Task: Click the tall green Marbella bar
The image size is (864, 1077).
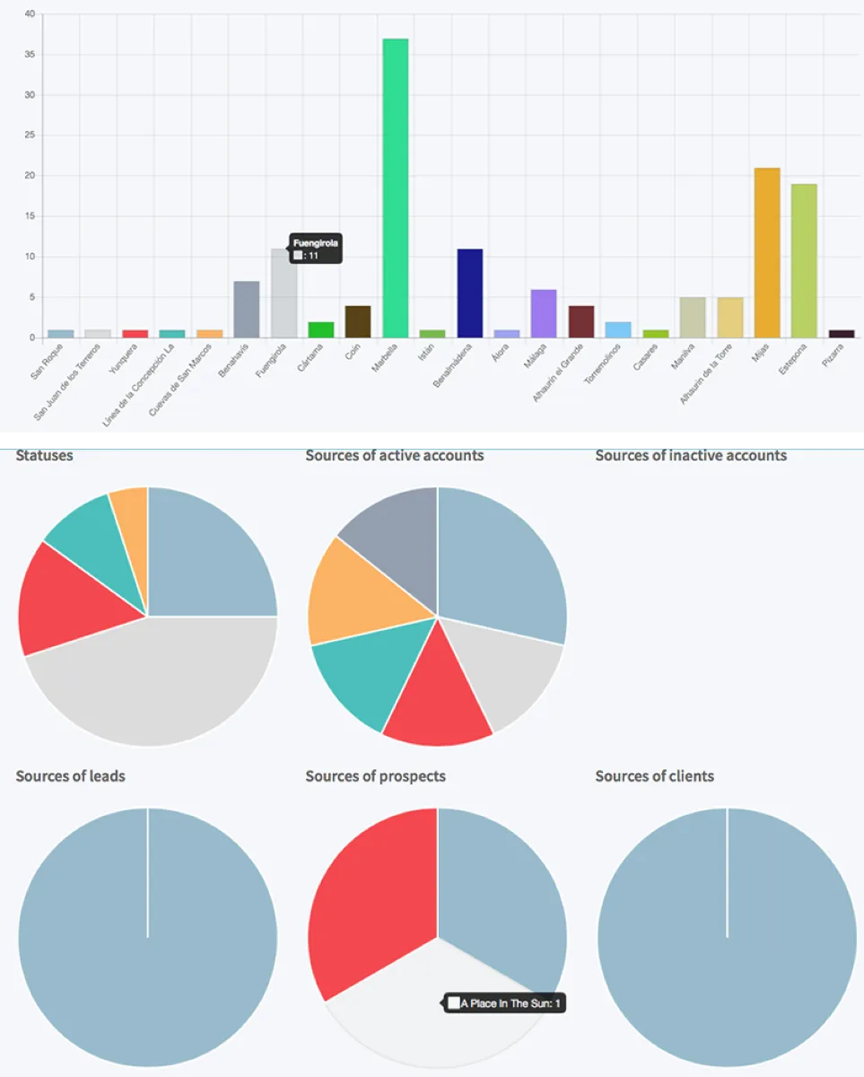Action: point(396,188)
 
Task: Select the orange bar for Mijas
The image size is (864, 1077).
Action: point(767,253)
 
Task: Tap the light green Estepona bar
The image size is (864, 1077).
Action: point(804,260)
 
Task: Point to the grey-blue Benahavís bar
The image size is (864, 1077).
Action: point(247,310)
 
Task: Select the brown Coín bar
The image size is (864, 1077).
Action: point(358,321)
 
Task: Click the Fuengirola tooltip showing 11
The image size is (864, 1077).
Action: point(315,249)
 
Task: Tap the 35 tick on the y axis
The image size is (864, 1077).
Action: point(30,55)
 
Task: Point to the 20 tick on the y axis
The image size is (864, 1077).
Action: point(30,176)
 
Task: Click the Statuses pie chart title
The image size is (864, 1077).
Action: point(45,456)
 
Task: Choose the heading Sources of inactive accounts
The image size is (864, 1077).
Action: point(691,456)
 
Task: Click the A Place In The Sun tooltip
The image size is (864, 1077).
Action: point(506,1003)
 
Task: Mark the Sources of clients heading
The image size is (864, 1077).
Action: point(655,776)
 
